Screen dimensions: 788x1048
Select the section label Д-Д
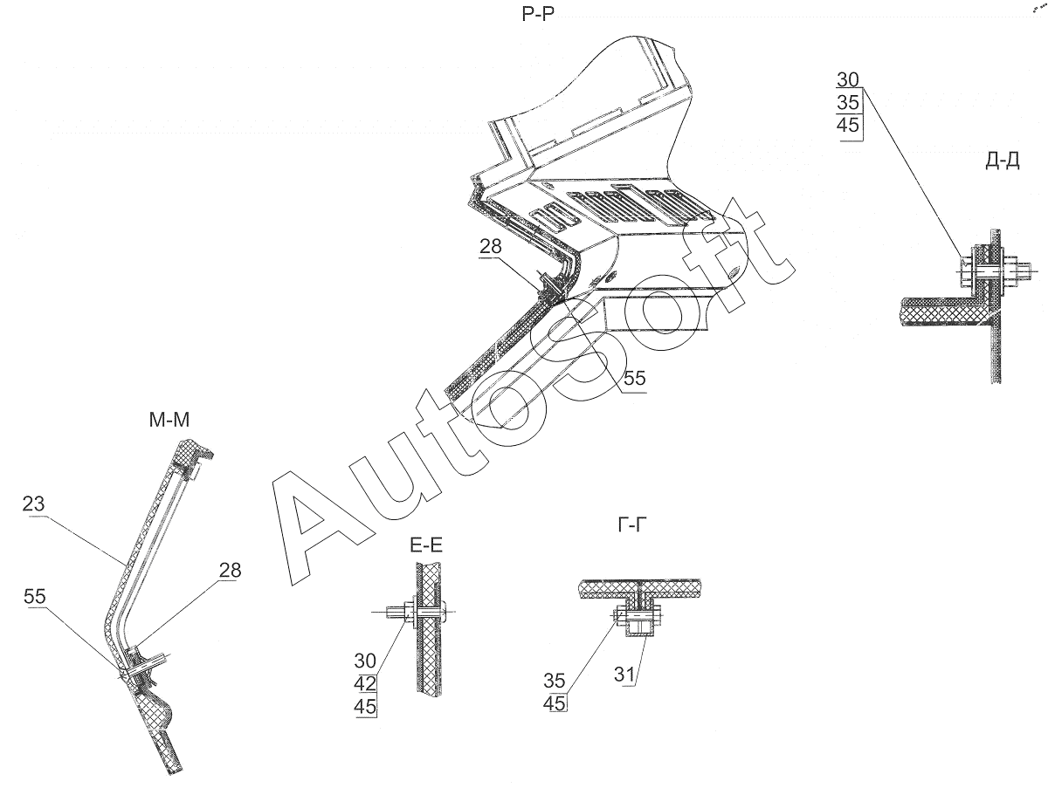[1002, 162]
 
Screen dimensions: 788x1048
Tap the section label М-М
[169, 421]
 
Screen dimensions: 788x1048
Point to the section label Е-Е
[425, 547]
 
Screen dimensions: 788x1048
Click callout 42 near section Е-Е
[365, 683]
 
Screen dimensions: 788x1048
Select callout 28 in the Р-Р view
[490, 247]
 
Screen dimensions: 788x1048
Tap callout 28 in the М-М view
[229, 571]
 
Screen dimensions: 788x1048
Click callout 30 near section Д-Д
[848, 79]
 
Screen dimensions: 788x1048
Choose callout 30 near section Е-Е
[365, 661]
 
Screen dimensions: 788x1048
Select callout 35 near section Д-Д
[848, 102]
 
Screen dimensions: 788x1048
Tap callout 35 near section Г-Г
[555, 681]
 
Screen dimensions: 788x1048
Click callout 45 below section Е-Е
[365, 706]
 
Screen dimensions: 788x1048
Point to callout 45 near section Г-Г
[555, 703]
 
